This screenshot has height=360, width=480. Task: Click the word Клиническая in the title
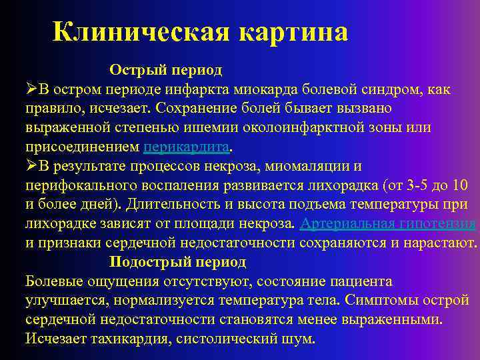(x=137, y=31)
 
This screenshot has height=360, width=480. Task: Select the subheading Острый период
(x=166, y=69)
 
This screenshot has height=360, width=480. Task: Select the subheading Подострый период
(x=178, y=261)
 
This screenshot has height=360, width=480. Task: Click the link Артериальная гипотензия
(x=387, y=223)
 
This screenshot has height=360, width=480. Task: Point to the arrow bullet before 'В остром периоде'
(x=31, y=89)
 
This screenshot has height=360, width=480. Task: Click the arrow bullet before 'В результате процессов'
(x=31, y=165)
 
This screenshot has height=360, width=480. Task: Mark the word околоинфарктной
(x=304, y=127)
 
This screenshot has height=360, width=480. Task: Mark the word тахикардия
(x=123, y=339)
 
